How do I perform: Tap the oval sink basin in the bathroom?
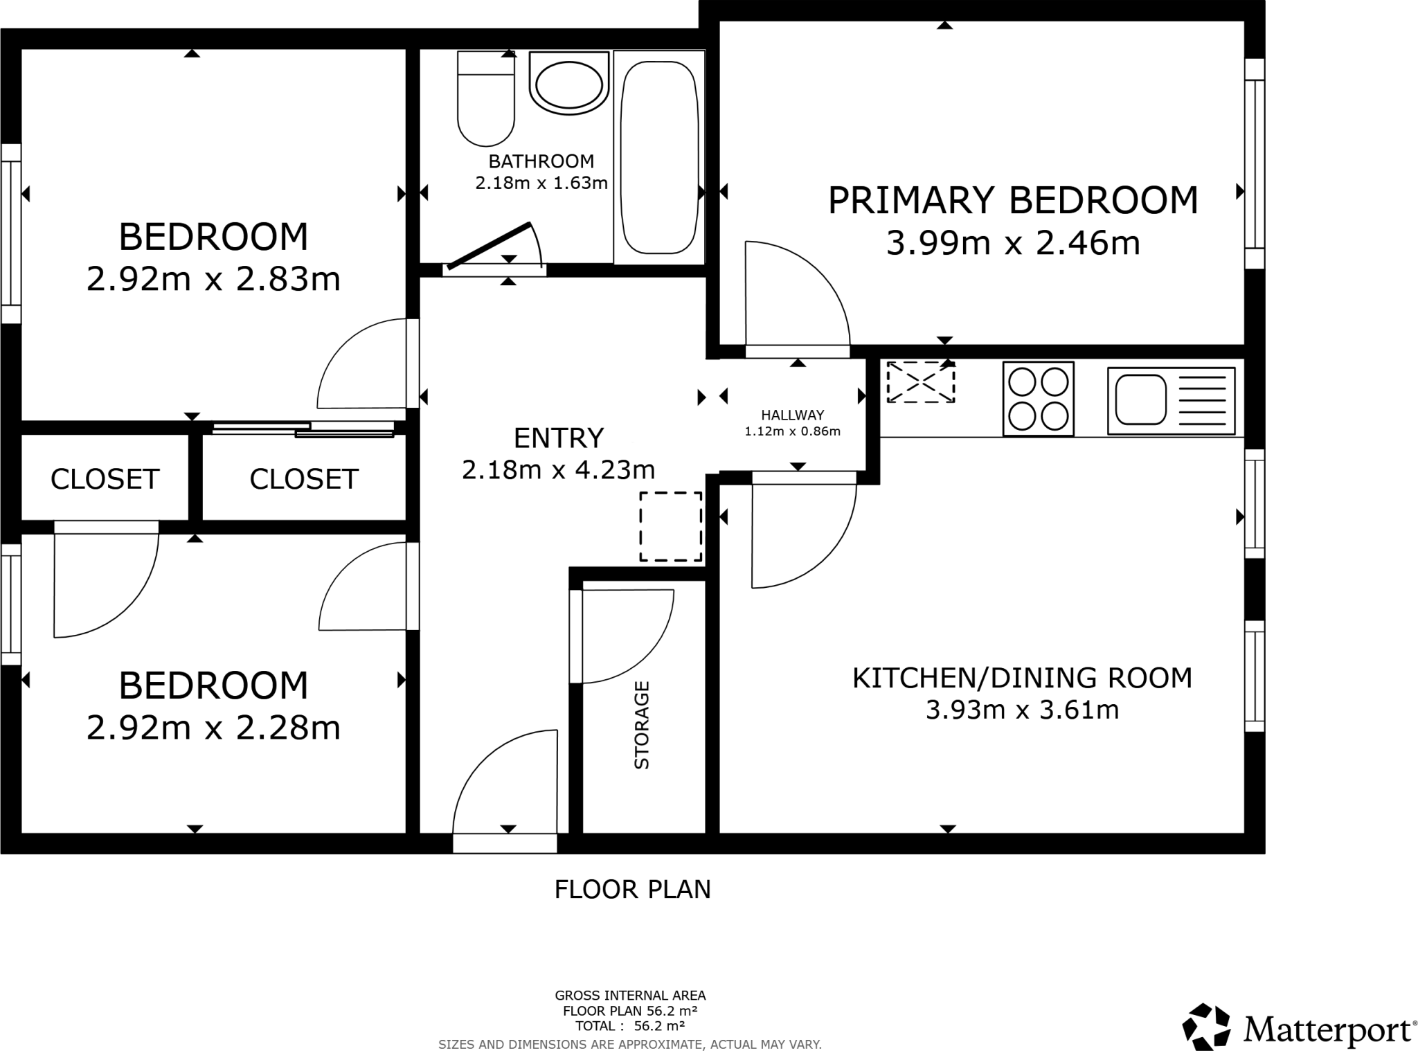pyautogui.click(x=569, y=86)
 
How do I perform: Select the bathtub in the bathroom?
pyautogui.click(x=658, y=158)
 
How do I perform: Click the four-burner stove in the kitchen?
pyautogui.click(x=1038, y=399)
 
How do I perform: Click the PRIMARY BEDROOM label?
pyautogui.click(x=1012, y=201)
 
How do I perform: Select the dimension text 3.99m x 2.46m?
pyautogui.click(x=1012, y=244)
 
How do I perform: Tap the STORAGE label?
pyautogui.click(x=642, y=725)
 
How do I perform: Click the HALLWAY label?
pyautogui.click(x=792, y=415)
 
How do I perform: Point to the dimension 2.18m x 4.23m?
pyautogui.click(x=558, y=470)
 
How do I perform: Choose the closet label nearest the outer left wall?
pyautogui.click(x=105, y=479)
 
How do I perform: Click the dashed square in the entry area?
pyautogui.click(x=670, y=526)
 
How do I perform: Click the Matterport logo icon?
pyautogui.click(x=1206, y=1025)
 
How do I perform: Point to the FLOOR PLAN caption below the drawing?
pyautogui.click(x=632, y=890)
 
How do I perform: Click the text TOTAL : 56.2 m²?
pyautogui.click(x=629, y=1026)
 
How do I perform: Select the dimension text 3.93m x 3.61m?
pyautogui.click(x=1022, y=710)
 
